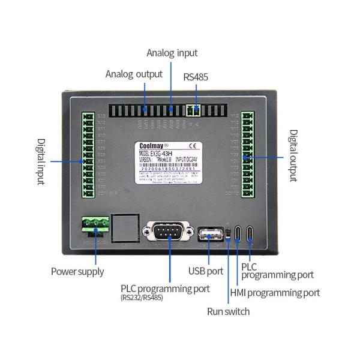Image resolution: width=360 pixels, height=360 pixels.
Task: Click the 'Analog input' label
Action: (x=172, y=53)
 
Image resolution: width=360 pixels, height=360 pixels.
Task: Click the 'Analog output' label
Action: (x=134, y=74)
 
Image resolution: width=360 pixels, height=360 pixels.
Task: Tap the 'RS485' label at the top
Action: (x=197, y=77)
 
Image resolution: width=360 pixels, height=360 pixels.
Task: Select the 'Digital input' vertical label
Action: (x=41, y=161)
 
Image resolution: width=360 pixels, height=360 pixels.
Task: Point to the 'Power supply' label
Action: (x=77, y=271)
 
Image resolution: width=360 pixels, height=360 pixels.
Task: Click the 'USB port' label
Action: (x=206, y=272)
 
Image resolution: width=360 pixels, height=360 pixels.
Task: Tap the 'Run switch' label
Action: (x=228, y=311)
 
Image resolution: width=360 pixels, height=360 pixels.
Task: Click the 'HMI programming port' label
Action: (x=275, y=293)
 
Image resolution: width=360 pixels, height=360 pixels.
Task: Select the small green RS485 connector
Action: (x=193, y=110)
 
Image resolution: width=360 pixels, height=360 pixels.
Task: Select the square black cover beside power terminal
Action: (x=125, y=227)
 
